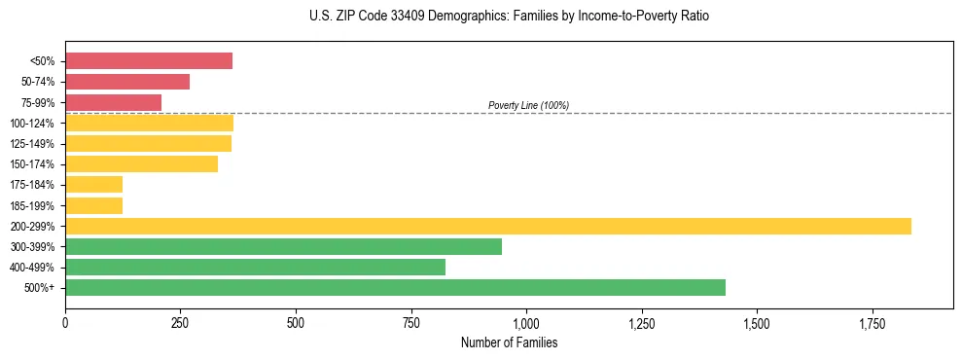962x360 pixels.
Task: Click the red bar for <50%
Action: point(149,61)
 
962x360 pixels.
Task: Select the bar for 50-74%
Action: point(127,82)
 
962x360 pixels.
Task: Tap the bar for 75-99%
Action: point(113,102)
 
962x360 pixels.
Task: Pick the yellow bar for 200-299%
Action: point(488,226)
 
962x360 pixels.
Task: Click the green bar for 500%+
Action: point(395,287)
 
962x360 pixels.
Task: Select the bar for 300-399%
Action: point(283,246)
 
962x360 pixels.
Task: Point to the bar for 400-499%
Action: point(255,267)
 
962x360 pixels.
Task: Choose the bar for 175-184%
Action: point(93,184)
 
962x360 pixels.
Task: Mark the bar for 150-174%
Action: point(141,163)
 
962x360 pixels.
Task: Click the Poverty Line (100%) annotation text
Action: point(528,105)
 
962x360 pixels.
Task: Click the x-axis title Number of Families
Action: point(509,343)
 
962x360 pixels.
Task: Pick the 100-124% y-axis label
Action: point(32,124)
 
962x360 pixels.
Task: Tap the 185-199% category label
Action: point(32,205)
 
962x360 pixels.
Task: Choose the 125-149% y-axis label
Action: point(32,144)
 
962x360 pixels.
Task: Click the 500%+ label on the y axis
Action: point(40,288)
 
